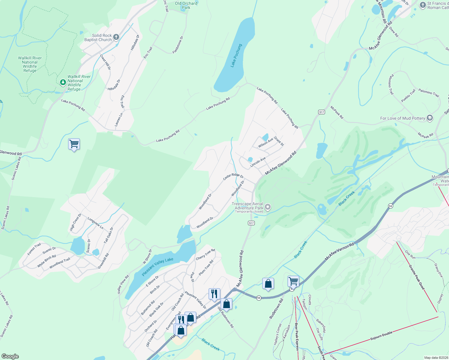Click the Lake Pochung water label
click(236, 55)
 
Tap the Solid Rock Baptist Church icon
click(116, 37)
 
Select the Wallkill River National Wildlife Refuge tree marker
click(63, 82)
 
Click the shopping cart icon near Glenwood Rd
click(74, 144)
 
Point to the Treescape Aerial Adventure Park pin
click(268, 207)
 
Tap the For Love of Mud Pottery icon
click(430, 118)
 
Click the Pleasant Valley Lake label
click(157, 267)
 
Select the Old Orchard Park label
click(186, 5)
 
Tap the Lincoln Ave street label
click(258, 162)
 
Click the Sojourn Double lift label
click(381, 334)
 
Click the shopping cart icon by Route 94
click(293, 281)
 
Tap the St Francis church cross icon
click(423, 5)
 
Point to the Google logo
click(10, 356)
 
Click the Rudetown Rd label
click(276, 309)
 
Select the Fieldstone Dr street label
click(178, 45)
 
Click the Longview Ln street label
click(95, 223)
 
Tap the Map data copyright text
click(436, 358)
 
